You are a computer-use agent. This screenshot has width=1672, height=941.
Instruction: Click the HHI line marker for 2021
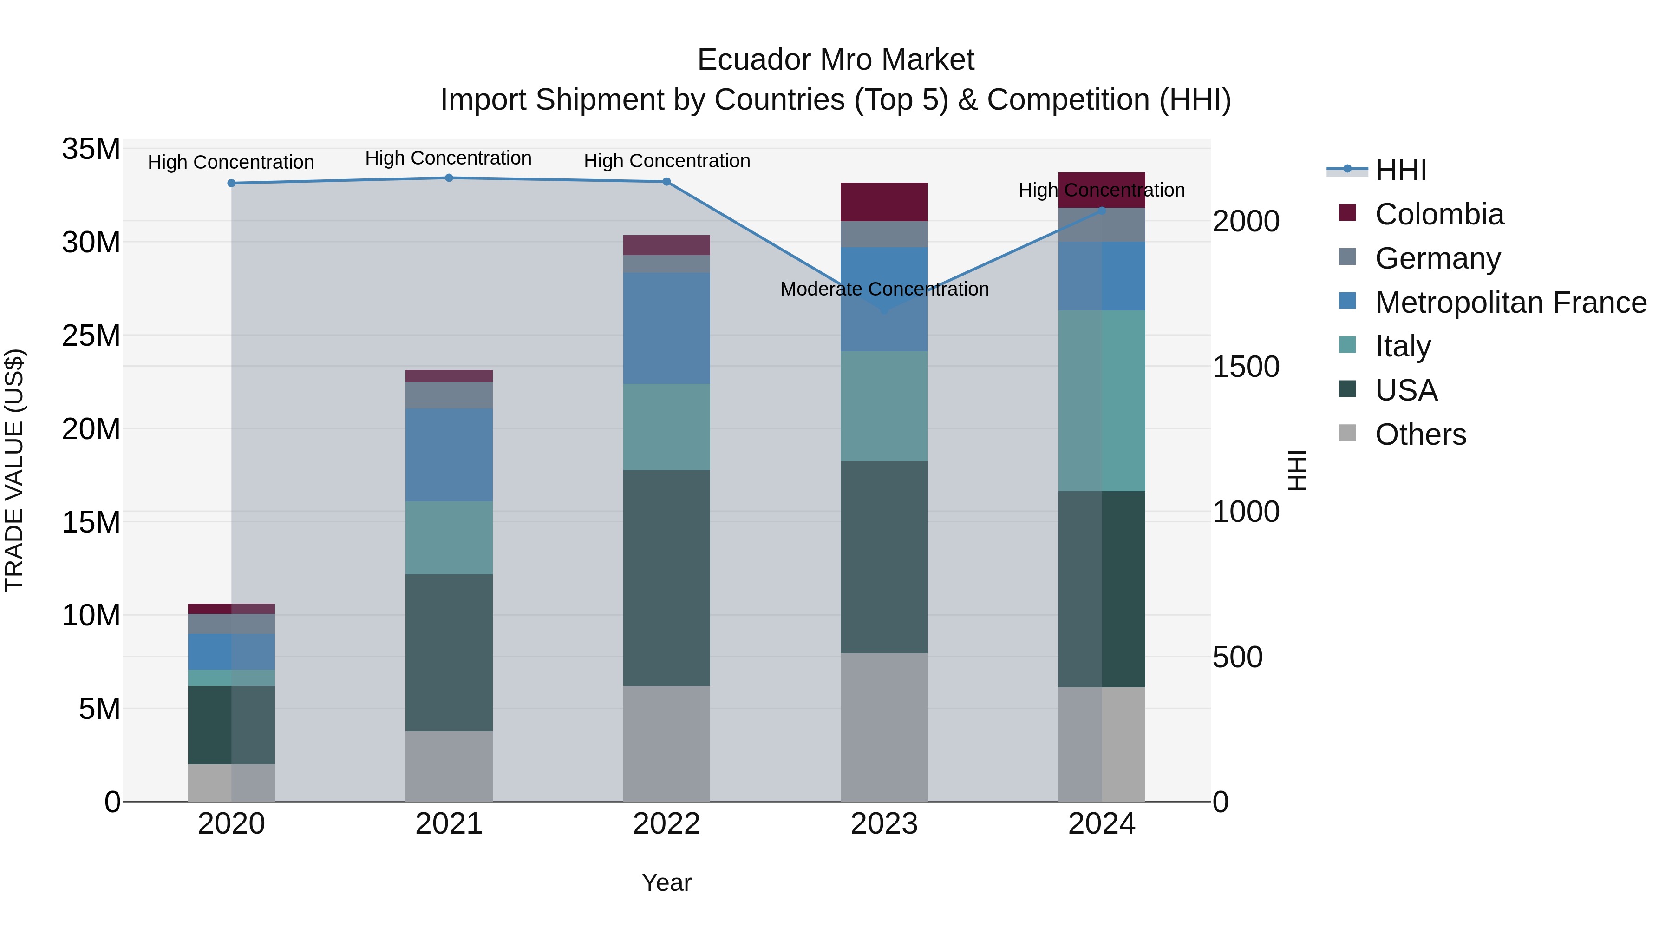[x=449, y=178]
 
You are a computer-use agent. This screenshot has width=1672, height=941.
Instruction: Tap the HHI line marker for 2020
[x=231, y=183]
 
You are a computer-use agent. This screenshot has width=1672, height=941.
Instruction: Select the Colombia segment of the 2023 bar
[x=883, y=202]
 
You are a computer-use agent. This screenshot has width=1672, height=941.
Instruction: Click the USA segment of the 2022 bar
[x=666, y=578]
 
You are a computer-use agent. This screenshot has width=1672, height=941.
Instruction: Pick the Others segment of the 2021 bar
[x=449, y=766]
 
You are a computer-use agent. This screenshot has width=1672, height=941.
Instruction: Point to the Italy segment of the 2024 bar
[x=1102, y=401]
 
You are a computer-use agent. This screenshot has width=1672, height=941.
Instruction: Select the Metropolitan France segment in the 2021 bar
[x=449, y=454]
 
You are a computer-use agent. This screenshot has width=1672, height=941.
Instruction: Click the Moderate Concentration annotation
[x=884, y=289]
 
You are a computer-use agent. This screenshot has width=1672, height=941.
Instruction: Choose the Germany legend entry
[x=1437, y=258]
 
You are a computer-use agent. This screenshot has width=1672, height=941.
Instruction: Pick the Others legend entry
[x=1420, y=434]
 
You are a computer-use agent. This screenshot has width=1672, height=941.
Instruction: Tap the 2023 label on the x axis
[x=883, y=824]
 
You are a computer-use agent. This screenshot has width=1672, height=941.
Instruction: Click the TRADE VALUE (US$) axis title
[x=14, y=470]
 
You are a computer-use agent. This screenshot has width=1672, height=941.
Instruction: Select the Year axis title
[x=666, y=882]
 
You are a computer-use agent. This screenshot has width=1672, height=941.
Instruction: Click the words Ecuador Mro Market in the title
[x=836, y=60]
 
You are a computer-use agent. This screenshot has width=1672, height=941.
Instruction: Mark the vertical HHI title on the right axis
[x=1296, y=470]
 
